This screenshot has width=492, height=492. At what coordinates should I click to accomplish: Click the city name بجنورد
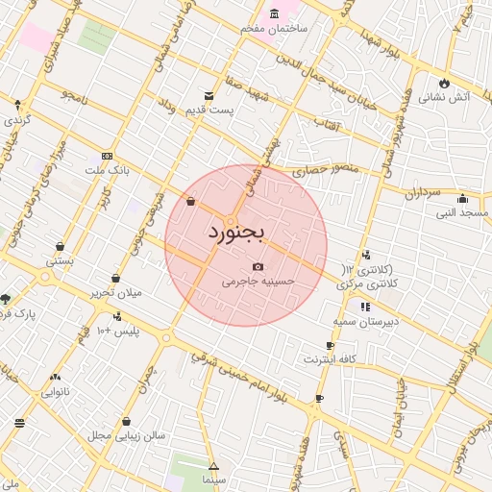click(x=235, y=233)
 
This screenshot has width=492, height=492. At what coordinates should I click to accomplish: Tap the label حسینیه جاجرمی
click(x=258, y=282)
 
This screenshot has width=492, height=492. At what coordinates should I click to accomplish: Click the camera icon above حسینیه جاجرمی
click(x=258, y=267)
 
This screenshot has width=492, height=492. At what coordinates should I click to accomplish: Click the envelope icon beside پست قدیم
click(x=209, y=96)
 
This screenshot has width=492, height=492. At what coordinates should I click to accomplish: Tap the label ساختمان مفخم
click(x=274, y=29)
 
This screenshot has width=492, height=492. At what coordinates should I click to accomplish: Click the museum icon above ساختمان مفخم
click(x=275, y=13)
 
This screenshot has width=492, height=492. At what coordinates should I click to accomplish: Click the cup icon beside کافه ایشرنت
click(x=330, y=345)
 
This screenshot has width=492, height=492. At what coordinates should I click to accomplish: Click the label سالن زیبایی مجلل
click(x=128, y=435)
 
